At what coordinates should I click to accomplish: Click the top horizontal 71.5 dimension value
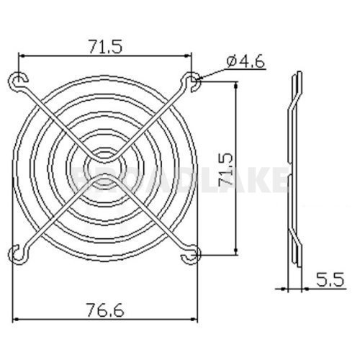[x=104, y=46]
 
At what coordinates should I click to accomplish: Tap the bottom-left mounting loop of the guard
[x=16, y=253]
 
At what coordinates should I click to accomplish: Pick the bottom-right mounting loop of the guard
[x=192, y=253]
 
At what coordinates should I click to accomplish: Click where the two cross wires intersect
[x=104, y=166]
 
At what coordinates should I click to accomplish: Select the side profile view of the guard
[x=293, y=180]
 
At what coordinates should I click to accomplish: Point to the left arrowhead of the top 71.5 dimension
[x=20, y=55]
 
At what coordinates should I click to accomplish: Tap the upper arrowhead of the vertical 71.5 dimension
[x=235, y=83]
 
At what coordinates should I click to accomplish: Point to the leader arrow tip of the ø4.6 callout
[x=199, y=77]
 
